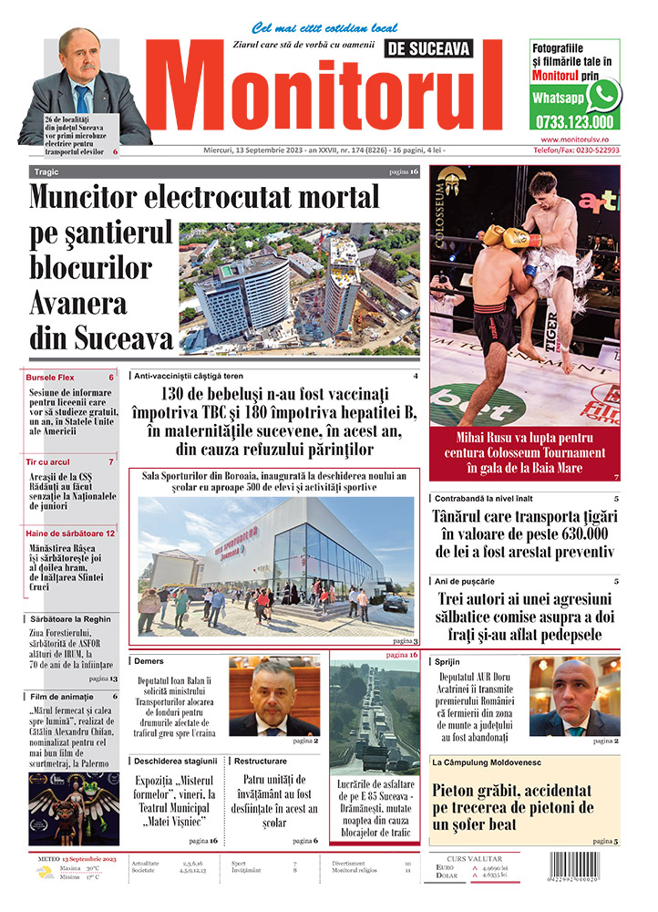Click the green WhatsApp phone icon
[x=603, y=95]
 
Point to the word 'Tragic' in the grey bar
[x=46, y=171]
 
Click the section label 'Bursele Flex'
[x=51, y=377]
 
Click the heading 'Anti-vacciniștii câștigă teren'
[x=190, y=375]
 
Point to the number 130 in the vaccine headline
[x=176, y=393]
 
